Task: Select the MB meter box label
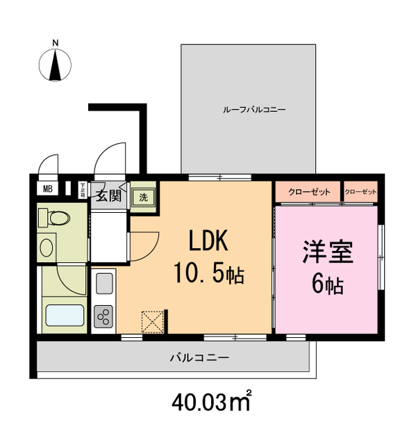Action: click(x=47, y=188)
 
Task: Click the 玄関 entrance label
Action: click(x=108, y=195)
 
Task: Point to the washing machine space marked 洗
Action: click(x=143, y=196)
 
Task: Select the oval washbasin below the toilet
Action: click(x=48, y=247)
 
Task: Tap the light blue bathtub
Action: click(x=65, y=316)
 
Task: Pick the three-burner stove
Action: click(x=104, y=316)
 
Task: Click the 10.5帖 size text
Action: click(x=208, y=275)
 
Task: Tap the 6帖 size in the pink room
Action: click(x=327, y=284)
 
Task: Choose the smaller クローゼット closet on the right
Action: click(x=360, y=191)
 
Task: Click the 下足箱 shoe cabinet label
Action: click(x=83, y=191)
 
